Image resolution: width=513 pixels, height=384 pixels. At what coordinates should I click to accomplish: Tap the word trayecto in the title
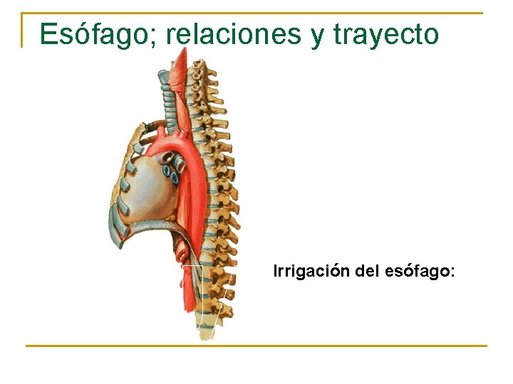point(385,34)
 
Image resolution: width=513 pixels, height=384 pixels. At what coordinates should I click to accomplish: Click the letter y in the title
point(317,36)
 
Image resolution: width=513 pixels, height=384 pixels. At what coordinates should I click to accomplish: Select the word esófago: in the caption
point(419,271)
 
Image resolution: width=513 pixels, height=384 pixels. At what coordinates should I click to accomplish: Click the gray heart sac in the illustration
point(150,188)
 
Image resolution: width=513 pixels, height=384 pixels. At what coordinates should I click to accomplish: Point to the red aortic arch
point(171,146)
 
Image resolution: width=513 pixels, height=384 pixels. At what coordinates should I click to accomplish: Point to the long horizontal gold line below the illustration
point(256,346)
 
